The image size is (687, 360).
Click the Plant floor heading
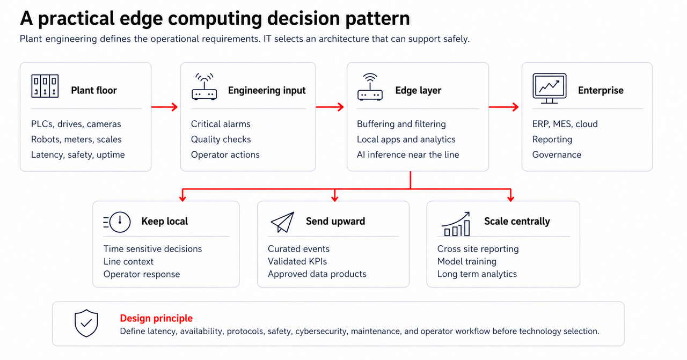point(94,91)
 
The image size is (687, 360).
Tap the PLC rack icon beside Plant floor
point(45,86)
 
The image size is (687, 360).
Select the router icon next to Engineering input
point(204,86)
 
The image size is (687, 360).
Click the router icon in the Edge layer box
point(370,87)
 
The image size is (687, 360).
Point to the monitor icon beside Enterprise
point(550,89)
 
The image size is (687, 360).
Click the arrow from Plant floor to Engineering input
point(165,107)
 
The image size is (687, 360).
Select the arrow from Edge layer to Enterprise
point(503,107)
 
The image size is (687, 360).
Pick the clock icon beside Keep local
point(117,222)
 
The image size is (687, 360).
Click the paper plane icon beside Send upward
point(282,222)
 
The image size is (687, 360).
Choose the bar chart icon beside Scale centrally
point(456,224)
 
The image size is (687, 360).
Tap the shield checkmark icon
point(86,323)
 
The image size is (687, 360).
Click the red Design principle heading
point(156,318)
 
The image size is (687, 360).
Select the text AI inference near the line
point(408,155)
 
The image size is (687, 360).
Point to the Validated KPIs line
point(297,261)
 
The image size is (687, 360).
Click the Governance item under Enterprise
point(557,155)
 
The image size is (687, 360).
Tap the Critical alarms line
point(221,124)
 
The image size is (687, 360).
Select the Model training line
point(467,261)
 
